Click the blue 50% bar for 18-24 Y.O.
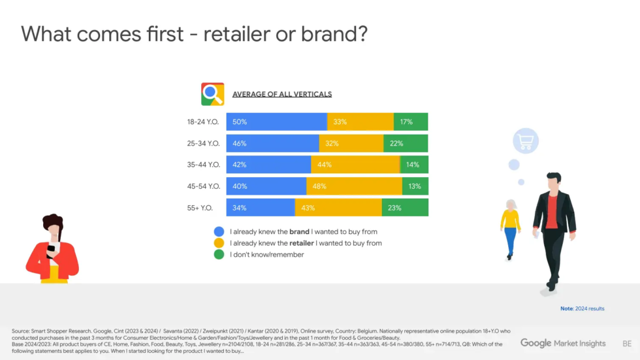tap(276, 122)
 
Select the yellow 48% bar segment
tap(354, 186)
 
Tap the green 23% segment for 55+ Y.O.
tap(404, 208)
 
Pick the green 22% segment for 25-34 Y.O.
tap(405, 143)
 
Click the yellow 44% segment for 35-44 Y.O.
tap(355, 165)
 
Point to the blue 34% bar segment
tap(261, 208)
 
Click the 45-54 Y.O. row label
tap(203, 186)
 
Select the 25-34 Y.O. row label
tap(203, 143)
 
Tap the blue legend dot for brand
tap(219, 231)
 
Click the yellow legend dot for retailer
tap(219, 243)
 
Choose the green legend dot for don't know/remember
tap(219, 254)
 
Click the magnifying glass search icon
tap(212, 94)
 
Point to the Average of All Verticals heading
tap(282, 94)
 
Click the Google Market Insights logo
tap(562, 343)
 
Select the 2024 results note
tap(582, 308)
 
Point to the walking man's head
tap(554, 180)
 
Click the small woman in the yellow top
tap(511, 229)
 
